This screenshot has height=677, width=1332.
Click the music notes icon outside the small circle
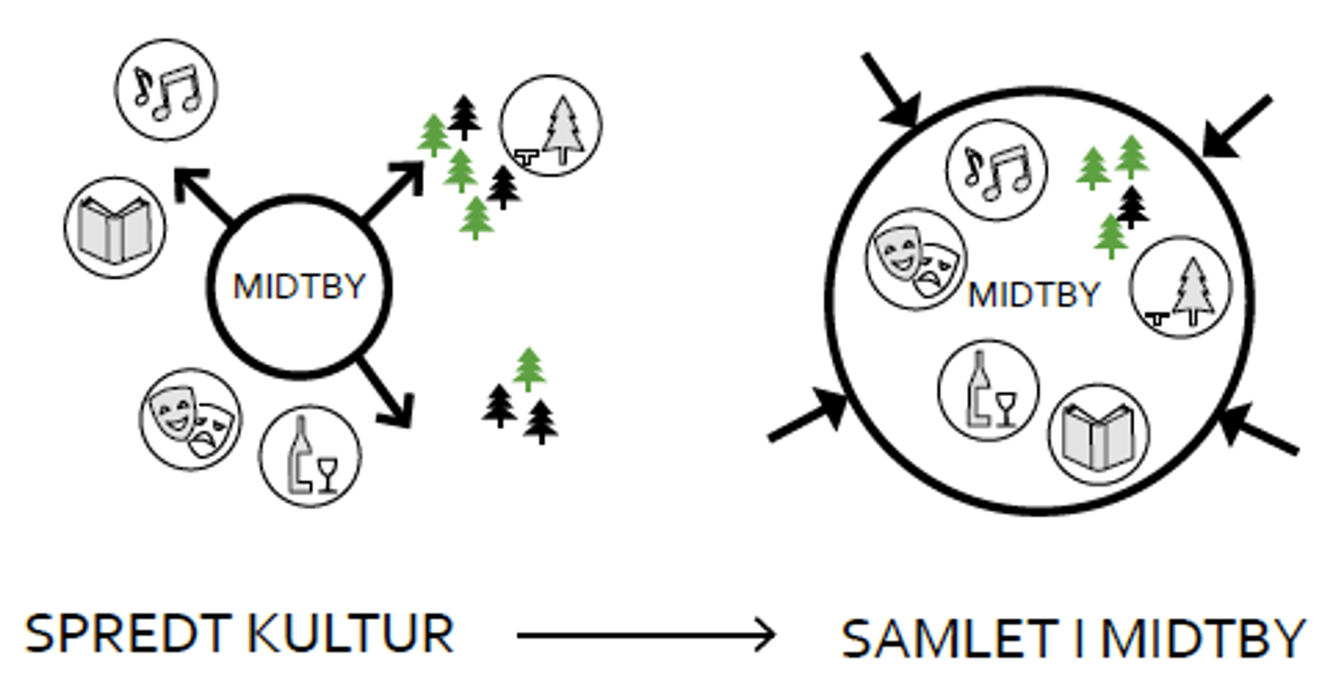point(166,89)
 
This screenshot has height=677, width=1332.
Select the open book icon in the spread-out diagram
point(114,227)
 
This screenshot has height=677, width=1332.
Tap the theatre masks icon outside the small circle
point(192,418)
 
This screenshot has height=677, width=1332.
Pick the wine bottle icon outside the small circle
point(310,456)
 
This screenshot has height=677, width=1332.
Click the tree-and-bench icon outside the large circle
point(551,127)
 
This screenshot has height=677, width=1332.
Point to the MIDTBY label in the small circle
point(299,286)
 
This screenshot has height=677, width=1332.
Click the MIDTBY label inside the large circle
point(1034,294)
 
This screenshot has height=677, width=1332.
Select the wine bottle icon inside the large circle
point(989,388)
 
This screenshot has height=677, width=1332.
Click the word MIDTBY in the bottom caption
point(1203,639)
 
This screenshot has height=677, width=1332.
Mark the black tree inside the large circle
point(1132,205)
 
